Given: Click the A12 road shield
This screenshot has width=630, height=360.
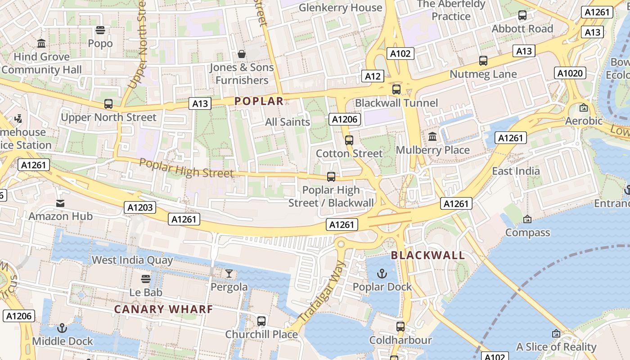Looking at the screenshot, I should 373,76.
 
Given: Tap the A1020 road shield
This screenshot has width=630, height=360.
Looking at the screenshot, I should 570,73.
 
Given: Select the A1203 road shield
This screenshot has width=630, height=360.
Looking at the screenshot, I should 140,207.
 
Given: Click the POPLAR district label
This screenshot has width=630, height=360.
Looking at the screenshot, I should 259,101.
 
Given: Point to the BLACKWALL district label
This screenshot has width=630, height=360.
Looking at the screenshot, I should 427,256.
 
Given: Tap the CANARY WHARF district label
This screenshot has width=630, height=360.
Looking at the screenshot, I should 163,310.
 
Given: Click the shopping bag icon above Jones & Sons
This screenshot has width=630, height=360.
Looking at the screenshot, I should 242,54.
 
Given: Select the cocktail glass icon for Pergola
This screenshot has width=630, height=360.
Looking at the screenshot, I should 229,273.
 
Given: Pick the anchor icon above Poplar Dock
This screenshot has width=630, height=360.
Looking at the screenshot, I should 382,273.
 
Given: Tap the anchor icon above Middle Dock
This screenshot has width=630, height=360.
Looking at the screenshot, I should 63,328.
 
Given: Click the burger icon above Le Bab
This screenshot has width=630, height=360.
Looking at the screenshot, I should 145,279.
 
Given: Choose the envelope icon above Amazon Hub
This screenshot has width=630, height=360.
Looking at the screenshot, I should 60,203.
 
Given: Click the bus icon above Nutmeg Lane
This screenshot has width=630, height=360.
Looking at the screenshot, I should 483,60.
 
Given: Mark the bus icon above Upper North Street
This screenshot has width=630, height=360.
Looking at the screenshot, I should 108,104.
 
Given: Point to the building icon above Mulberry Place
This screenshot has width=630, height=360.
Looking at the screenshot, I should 432,136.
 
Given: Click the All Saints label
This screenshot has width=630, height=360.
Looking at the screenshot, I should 288,122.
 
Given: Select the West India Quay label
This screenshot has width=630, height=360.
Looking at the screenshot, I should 132,260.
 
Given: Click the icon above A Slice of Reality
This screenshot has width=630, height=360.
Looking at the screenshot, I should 556,333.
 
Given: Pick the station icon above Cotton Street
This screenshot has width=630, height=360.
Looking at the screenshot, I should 349,140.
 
